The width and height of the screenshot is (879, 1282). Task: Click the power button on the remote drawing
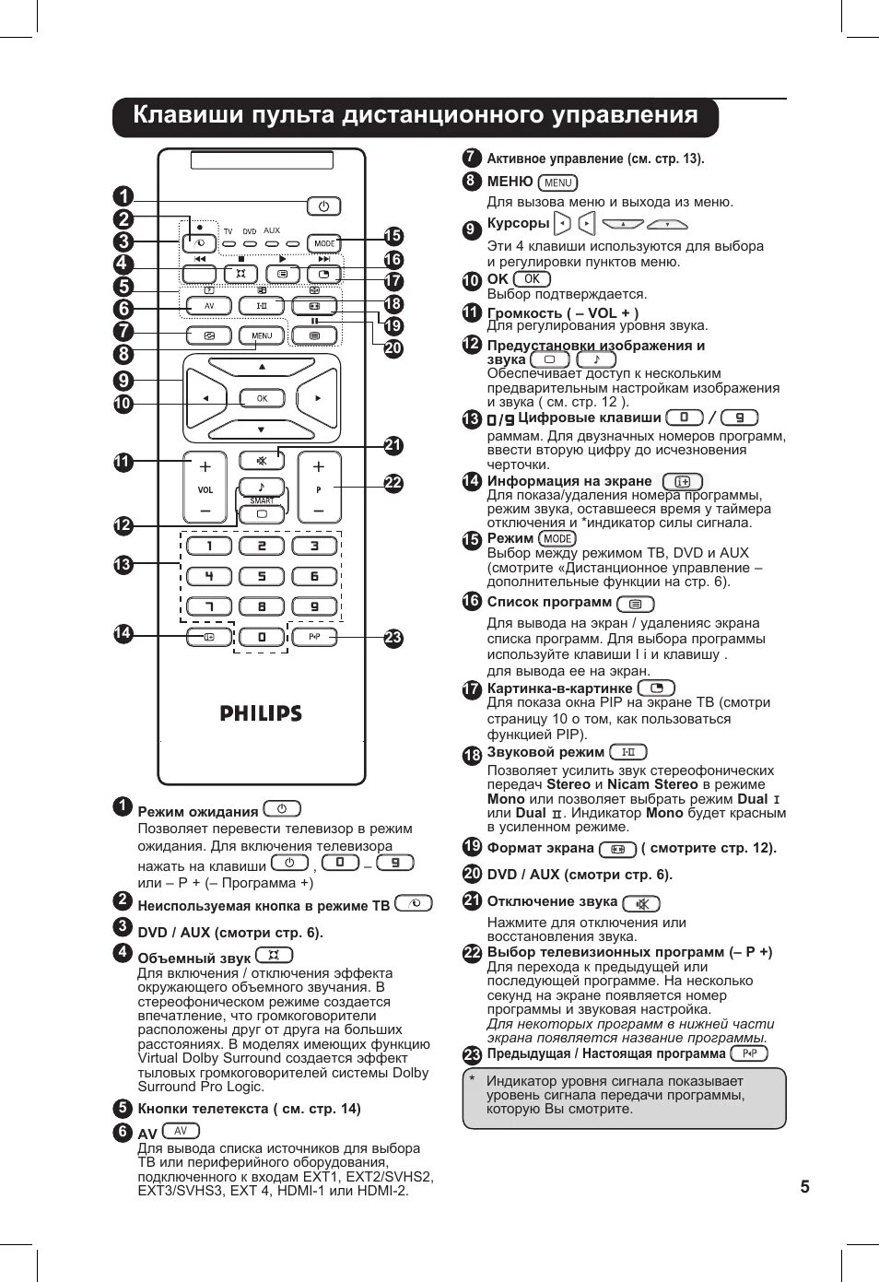click(323, 206)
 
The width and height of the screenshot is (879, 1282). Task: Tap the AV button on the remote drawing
click(209, 306)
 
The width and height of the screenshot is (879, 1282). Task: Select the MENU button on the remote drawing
click(262, 335)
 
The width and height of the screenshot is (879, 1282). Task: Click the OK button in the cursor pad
click(262, 398)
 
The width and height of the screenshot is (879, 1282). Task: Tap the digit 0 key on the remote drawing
click(262, 637)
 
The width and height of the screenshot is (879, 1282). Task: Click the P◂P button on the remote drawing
click(314, 637)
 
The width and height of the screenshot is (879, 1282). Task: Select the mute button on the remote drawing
click(262, 460)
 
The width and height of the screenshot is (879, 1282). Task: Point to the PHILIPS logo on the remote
click(261, 713)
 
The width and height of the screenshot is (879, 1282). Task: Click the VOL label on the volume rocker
click(205, 490)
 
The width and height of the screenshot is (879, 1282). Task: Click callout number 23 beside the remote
click(393, 638)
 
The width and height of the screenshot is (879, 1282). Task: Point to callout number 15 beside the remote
click(393, 237)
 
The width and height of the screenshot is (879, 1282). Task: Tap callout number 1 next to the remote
click(123, 196)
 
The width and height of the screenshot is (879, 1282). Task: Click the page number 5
click(804, 1186)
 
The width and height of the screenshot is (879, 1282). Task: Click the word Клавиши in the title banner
click(187, 115)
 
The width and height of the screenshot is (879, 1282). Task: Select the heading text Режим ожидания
click(198, 812)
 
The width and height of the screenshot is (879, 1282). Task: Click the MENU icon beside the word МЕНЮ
click(557, 182)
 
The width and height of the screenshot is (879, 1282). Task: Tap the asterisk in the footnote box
click(472, 1080)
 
